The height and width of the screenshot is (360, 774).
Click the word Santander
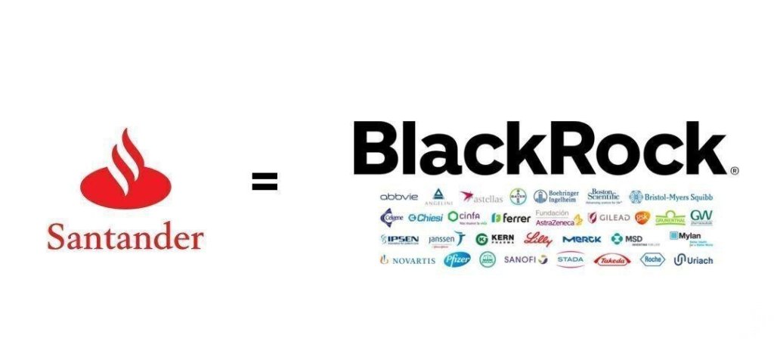click(125, 237)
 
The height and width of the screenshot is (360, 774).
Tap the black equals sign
click(265, 181)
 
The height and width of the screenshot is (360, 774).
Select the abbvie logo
click(398, 197)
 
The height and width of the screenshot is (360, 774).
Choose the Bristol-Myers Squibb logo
click(671, 197)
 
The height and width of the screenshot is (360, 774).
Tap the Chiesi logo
click(426, 218)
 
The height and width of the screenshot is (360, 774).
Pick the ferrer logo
click(511, 218)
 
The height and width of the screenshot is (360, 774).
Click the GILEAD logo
click(608, 218)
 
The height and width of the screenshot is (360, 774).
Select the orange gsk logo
click(642, 218)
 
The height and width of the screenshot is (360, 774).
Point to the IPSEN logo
click(400, 239)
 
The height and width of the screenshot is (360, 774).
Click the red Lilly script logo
click(538, 239)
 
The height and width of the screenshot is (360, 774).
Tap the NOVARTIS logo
click(407, 260)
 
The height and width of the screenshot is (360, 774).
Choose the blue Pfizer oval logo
click(457, 259)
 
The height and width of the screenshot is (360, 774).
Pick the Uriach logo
click(693, 260)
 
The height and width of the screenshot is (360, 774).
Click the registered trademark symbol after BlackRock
click(734, 172)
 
